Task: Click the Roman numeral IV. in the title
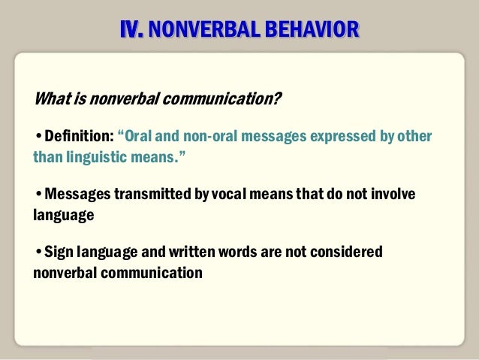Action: (132, 29)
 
